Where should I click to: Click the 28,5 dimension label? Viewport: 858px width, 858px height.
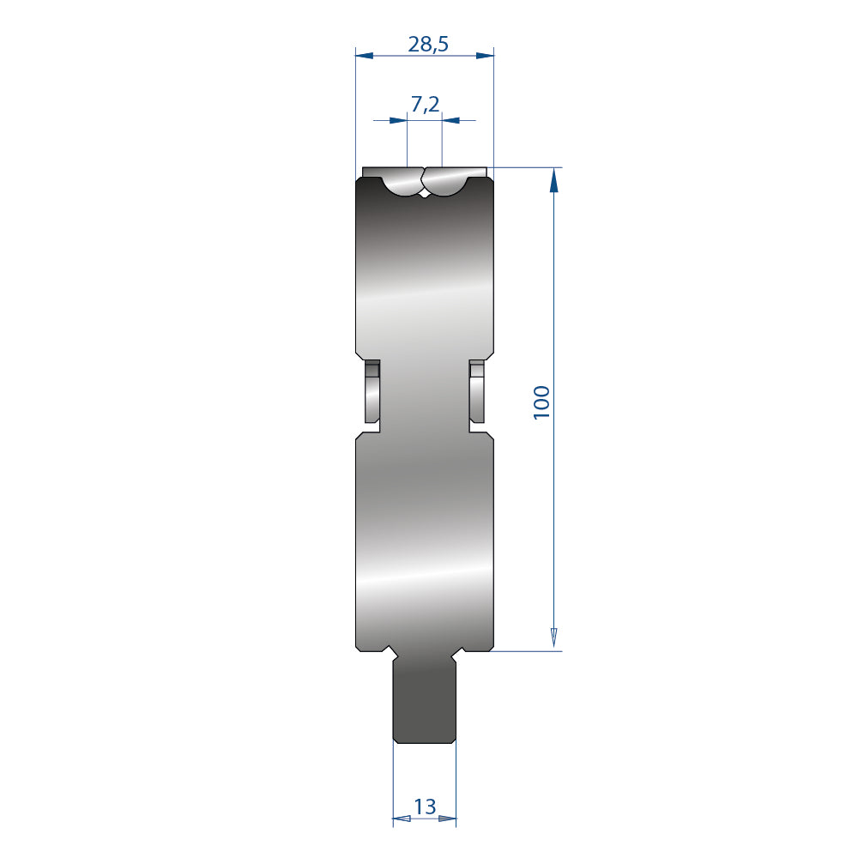[x=428, y=44]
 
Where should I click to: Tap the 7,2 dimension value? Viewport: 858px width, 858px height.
[x=425, y=104]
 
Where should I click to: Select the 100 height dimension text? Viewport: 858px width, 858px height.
[x=541, y=402]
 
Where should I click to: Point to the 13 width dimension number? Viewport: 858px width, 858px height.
[x=425, y=806]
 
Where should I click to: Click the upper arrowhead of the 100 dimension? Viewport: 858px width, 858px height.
[x=553, y=179]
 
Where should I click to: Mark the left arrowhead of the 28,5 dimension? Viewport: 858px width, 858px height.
[x=365, y=55]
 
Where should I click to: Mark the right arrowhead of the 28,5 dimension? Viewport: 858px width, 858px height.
[x=485, y=55]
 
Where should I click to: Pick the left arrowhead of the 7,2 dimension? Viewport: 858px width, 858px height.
[x=398, y=120]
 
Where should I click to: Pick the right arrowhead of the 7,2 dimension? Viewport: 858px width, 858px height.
[x=451, y=120]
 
